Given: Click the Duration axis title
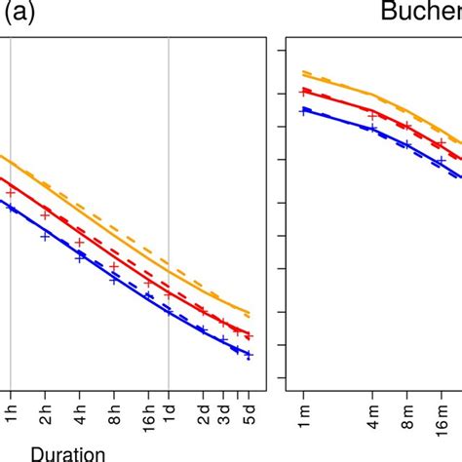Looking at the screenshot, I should coord(69,451).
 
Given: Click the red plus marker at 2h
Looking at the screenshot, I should coord(45,215).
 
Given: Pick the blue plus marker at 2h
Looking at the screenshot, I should coord(45,237).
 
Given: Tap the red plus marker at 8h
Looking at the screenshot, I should coord(114,266).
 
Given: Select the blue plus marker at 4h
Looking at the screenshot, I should coord(80,258).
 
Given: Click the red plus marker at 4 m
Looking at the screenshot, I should coord(372,116).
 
